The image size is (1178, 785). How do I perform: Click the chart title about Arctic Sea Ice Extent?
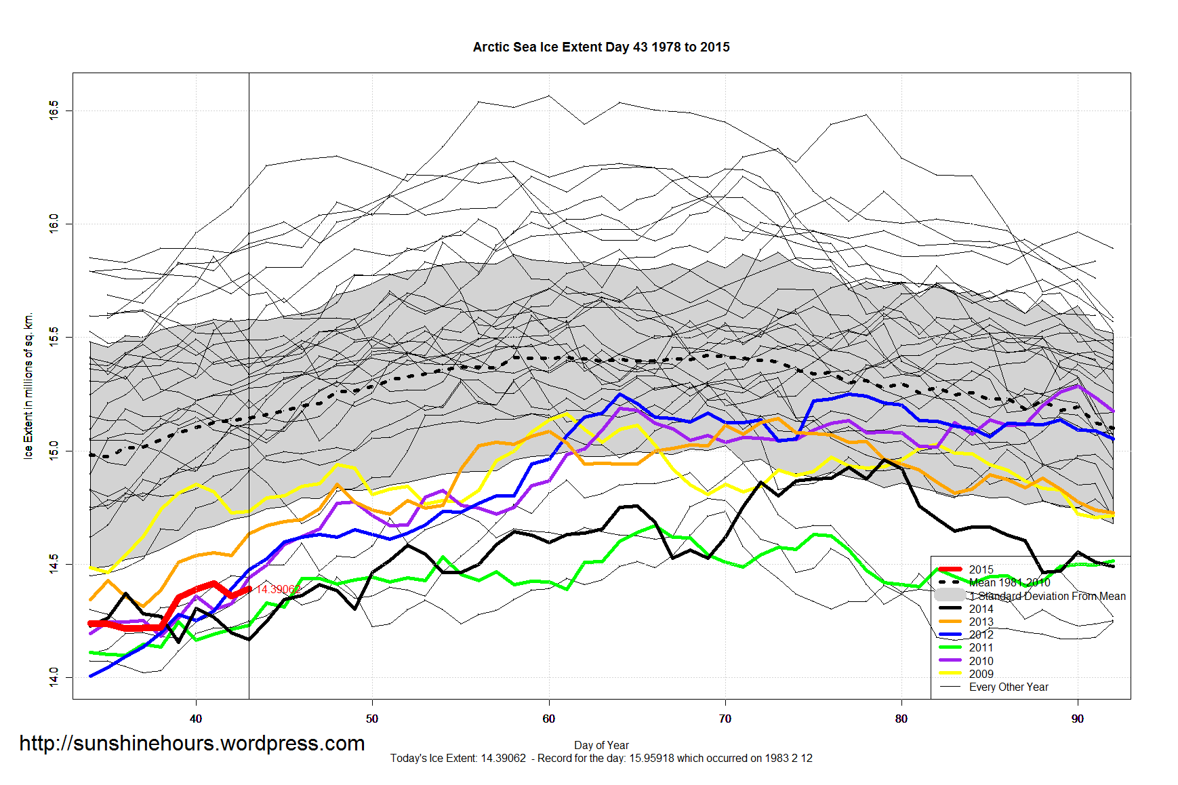(x=601, y=47)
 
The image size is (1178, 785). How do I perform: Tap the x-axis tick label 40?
(x=196, y=719)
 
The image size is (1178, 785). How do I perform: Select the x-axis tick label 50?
(x=372, y=719)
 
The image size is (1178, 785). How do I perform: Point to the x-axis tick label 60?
(x=548, y=719)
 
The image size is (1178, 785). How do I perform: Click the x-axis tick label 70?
(x=725, y=719)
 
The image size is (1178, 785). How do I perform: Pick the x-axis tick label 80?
(x=901, y=719)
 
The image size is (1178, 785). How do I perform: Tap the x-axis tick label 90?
(x=1078, y=719)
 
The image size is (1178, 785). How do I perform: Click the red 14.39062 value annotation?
(x=278, y=590)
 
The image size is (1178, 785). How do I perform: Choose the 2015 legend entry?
(x=981, y=569)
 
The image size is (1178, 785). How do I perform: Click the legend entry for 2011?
(x=981, y=647)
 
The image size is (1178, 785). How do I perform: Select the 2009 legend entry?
(x=981, y=674)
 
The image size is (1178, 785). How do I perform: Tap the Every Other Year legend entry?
(x=1009, y=687)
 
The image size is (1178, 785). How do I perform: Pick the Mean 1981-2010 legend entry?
(x=1009, y=582)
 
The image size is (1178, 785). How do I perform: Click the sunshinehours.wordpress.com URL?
(x=192, y=744)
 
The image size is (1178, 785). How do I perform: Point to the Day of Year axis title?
(x=601, y=745)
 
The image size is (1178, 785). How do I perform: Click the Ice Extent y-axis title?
(x=28, y=386)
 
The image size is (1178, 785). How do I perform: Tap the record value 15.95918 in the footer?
(x=651, y=758)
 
